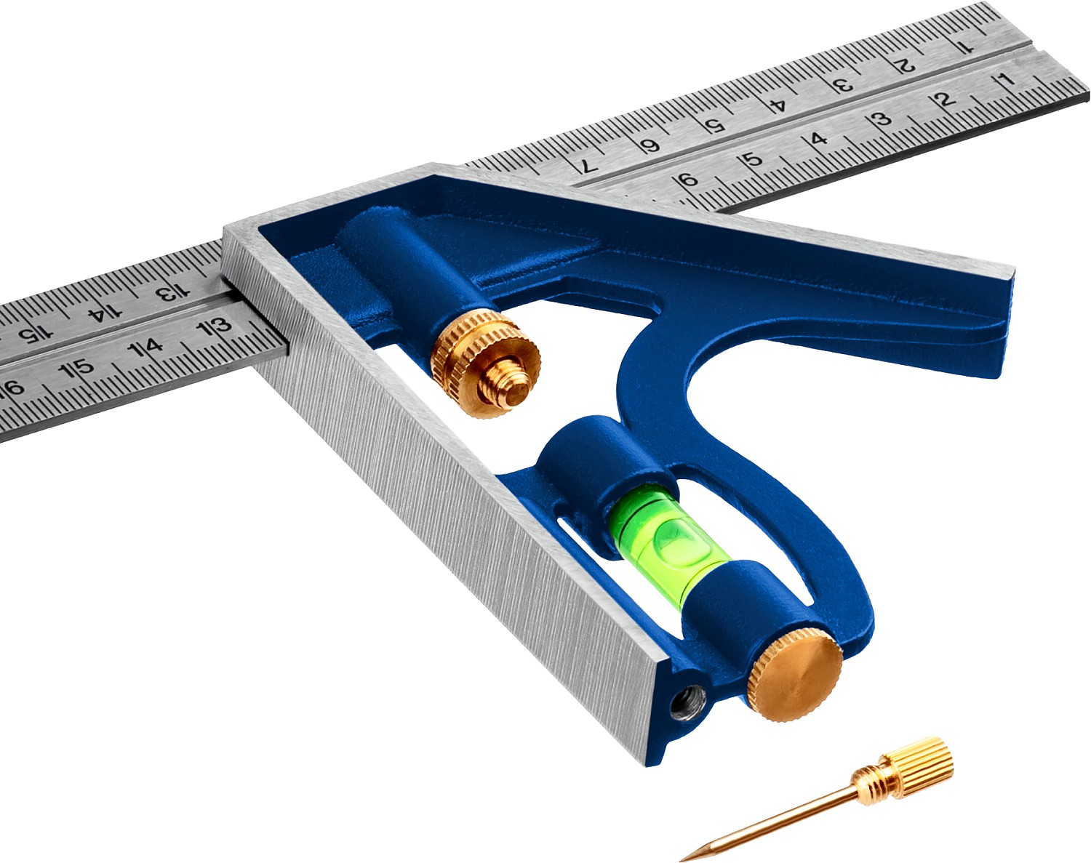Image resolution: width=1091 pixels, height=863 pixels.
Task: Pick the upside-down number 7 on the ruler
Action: [589, 164]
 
